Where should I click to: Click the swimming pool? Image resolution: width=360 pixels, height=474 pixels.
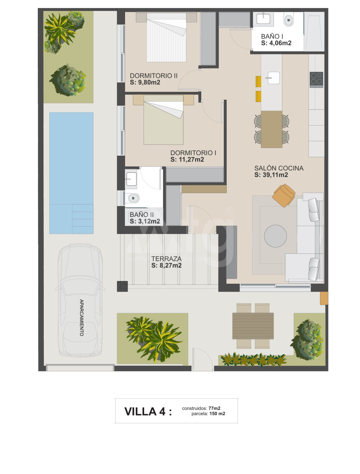pos(71,173)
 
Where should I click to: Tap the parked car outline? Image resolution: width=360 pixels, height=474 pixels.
pos(80,301)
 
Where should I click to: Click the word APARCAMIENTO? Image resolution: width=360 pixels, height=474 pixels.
pos(81,317)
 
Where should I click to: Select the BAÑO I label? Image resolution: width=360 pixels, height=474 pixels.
pos(272,36)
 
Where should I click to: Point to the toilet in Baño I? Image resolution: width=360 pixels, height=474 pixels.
pos(288,19)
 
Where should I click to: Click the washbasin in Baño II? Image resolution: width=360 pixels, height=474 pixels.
pos(131,179)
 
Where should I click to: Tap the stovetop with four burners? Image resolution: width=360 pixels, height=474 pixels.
pos(316,79)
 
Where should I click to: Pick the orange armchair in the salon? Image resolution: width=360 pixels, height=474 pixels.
pos(284,196)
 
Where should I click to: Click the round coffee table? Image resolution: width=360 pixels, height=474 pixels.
pos(275,236)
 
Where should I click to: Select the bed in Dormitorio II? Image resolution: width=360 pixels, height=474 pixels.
pos(167,37)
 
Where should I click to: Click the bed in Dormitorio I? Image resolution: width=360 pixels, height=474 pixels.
pos(163,120)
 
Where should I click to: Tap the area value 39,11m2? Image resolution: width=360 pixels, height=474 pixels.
pos(271,175)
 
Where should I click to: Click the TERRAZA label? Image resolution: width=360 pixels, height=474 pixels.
pos(166,258)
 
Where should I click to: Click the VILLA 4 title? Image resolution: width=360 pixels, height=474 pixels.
pos(148,411)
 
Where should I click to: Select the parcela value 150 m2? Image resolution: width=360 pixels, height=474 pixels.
pos(217,413)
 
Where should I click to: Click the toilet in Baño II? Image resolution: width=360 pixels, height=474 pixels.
pos(132,198)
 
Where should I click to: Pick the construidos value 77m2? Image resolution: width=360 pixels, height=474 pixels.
pos(214,408)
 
